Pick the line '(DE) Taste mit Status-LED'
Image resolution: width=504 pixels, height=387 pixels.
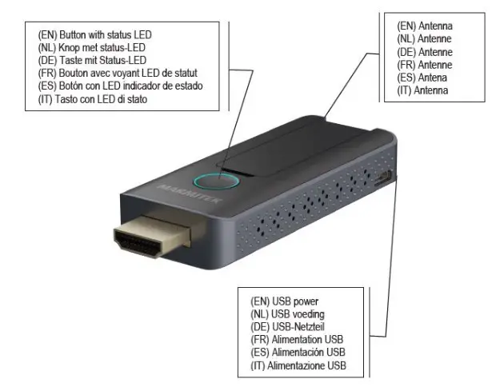[92, 61]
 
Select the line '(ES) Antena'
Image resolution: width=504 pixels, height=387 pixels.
[422, 78]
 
